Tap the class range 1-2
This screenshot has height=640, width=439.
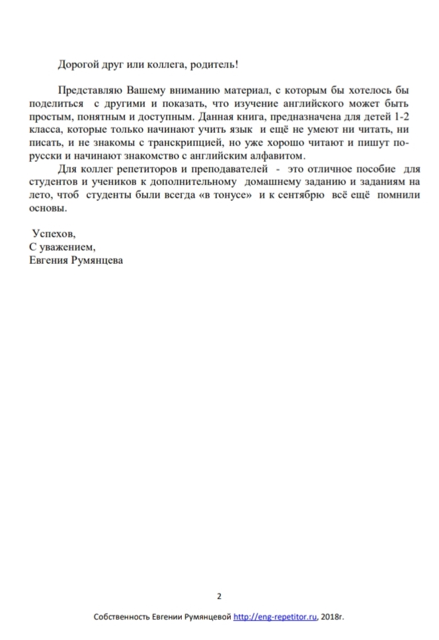(x=398, y=118)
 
